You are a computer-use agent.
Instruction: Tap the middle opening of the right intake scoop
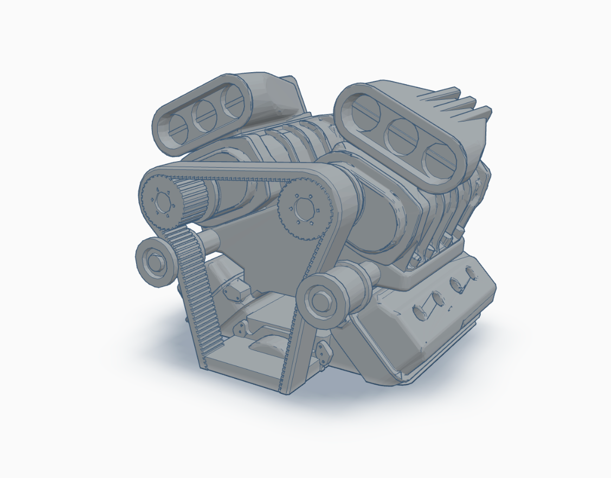(402, 133)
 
